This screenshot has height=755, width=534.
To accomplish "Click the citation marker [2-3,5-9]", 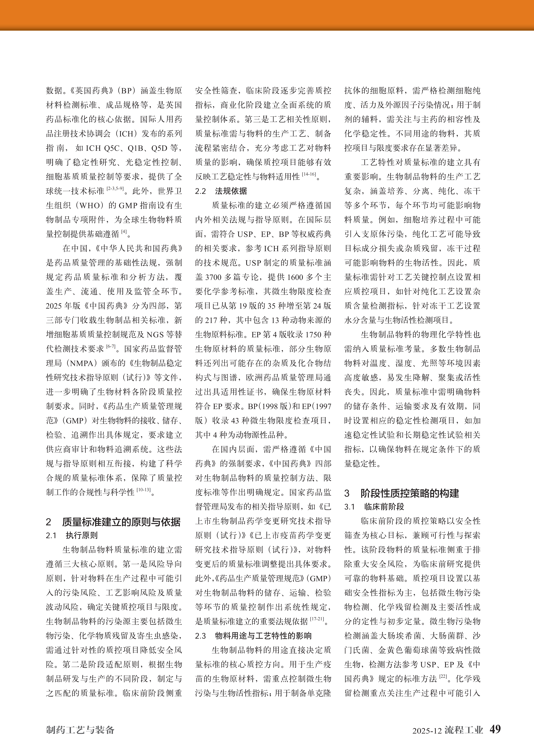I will click(115, 189).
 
